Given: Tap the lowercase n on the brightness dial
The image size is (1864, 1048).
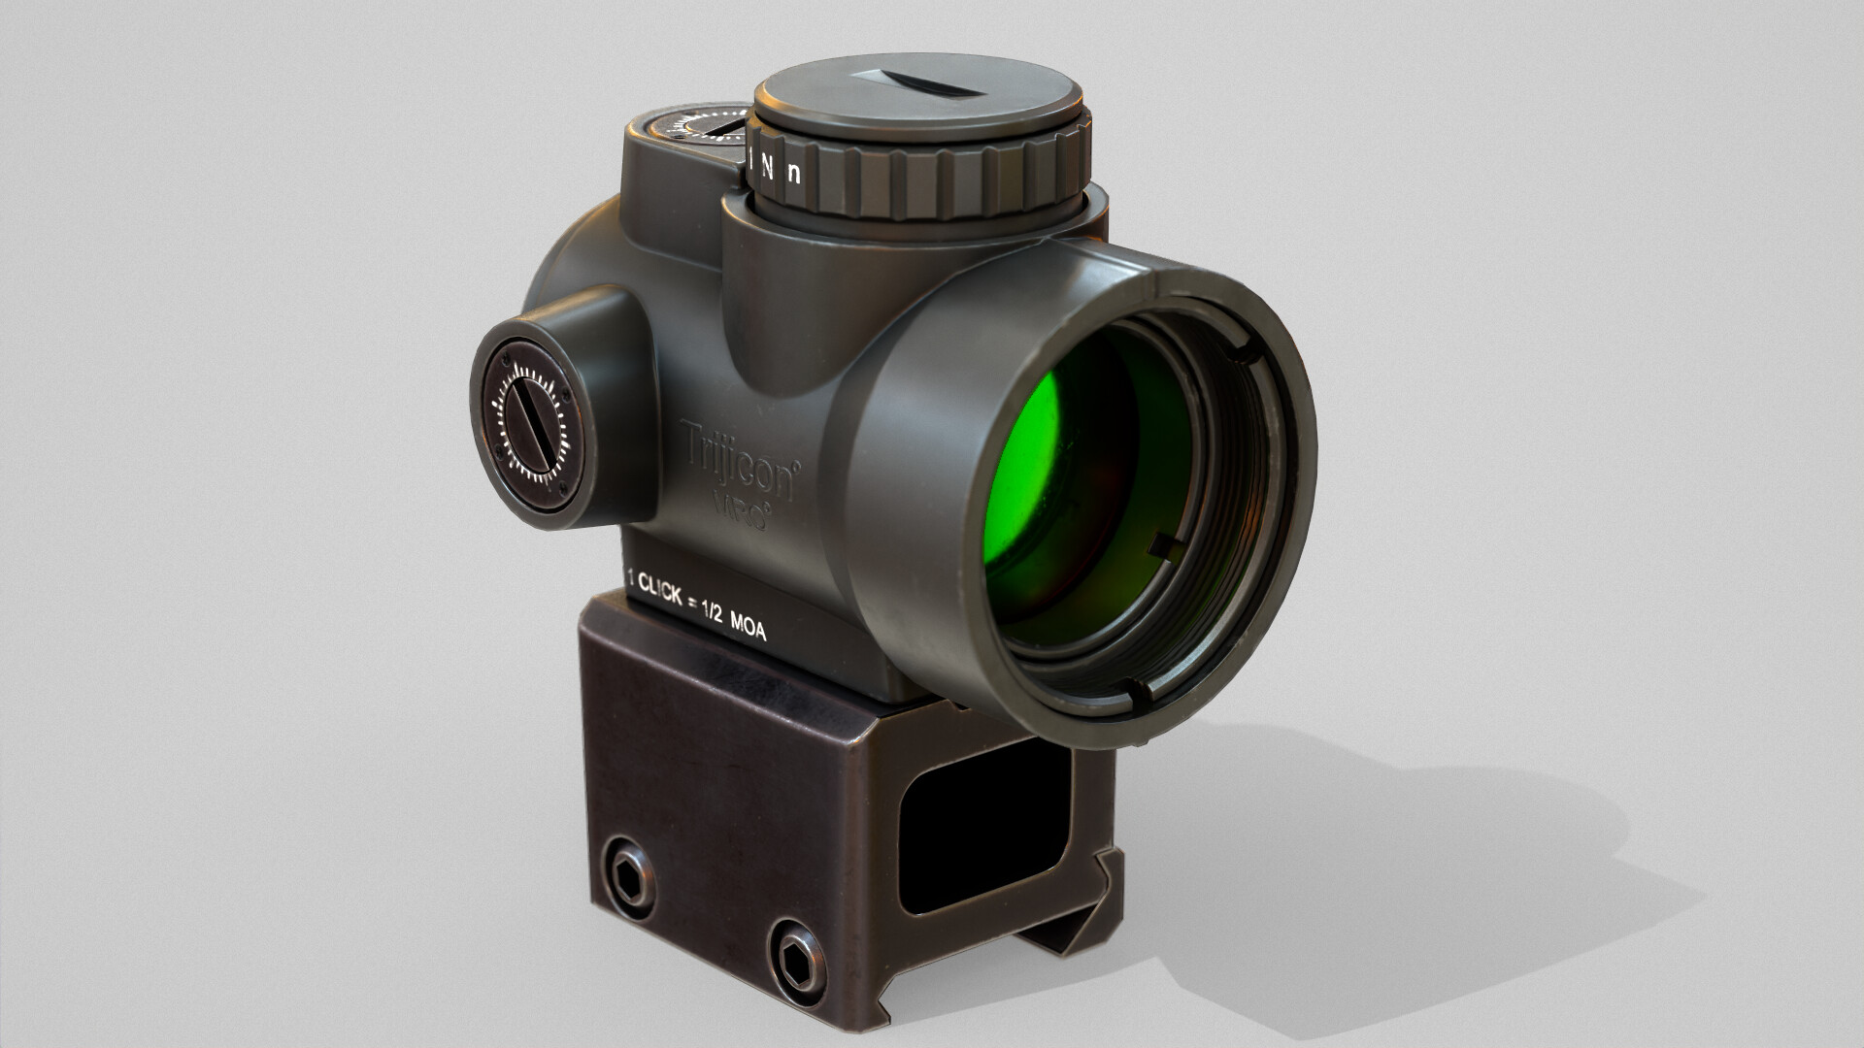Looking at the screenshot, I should click(x=794, y=174).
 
